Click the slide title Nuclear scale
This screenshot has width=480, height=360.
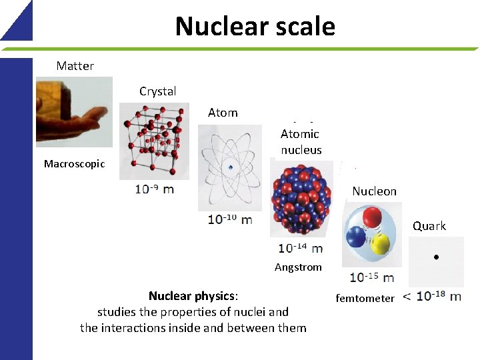(255, 27)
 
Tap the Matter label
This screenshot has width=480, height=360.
(75, 65)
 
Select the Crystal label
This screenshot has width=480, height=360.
(157, 91)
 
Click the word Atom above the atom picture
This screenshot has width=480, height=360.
(223, 113)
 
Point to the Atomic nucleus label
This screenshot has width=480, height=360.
(301, 142)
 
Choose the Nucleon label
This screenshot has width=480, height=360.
(374, 191)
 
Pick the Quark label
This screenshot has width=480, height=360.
(429, 226)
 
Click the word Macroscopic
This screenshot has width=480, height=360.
(74, 163)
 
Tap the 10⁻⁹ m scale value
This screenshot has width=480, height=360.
(154, 189)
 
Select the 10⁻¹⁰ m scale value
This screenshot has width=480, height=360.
(230, 219)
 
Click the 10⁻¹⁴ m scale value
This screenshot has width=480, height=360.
(300, 248)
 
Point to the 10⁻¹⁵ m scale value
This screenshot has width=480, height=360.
(371, 277)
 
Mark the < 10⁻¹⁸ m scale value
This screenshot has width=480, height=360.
(432, 296)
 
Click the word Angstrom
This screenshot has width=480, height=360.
(298, 267)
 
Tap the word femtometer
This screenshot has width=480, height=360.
(365, 299)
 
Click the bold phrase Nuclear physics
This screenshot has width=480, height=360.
(192, 295)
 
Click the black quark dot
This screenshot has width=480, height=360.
(435, 256)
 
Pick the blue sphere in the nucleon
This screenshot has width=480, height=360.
(355, 235)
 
